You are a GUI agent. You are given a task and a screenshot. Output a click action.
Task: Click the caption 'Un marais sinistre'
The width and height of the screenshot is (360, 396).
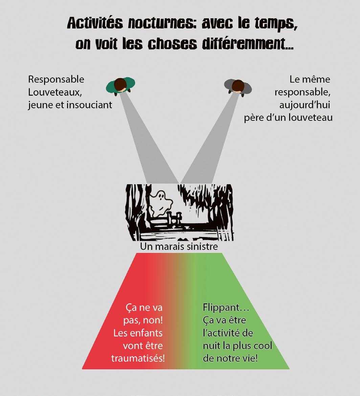click(179, 247)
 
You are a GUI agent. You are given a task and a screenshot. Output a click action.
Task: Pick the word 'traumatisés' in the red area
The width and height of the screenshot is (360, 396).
click(138, 358)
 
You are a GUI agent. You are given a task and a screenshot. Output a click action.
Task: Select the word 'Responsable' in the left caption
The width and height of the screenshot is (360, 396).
click(56, 79)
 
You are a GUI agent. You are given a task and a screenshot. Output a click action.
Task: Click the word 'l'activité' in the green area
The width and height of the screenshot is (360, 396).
click(228, 333)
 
